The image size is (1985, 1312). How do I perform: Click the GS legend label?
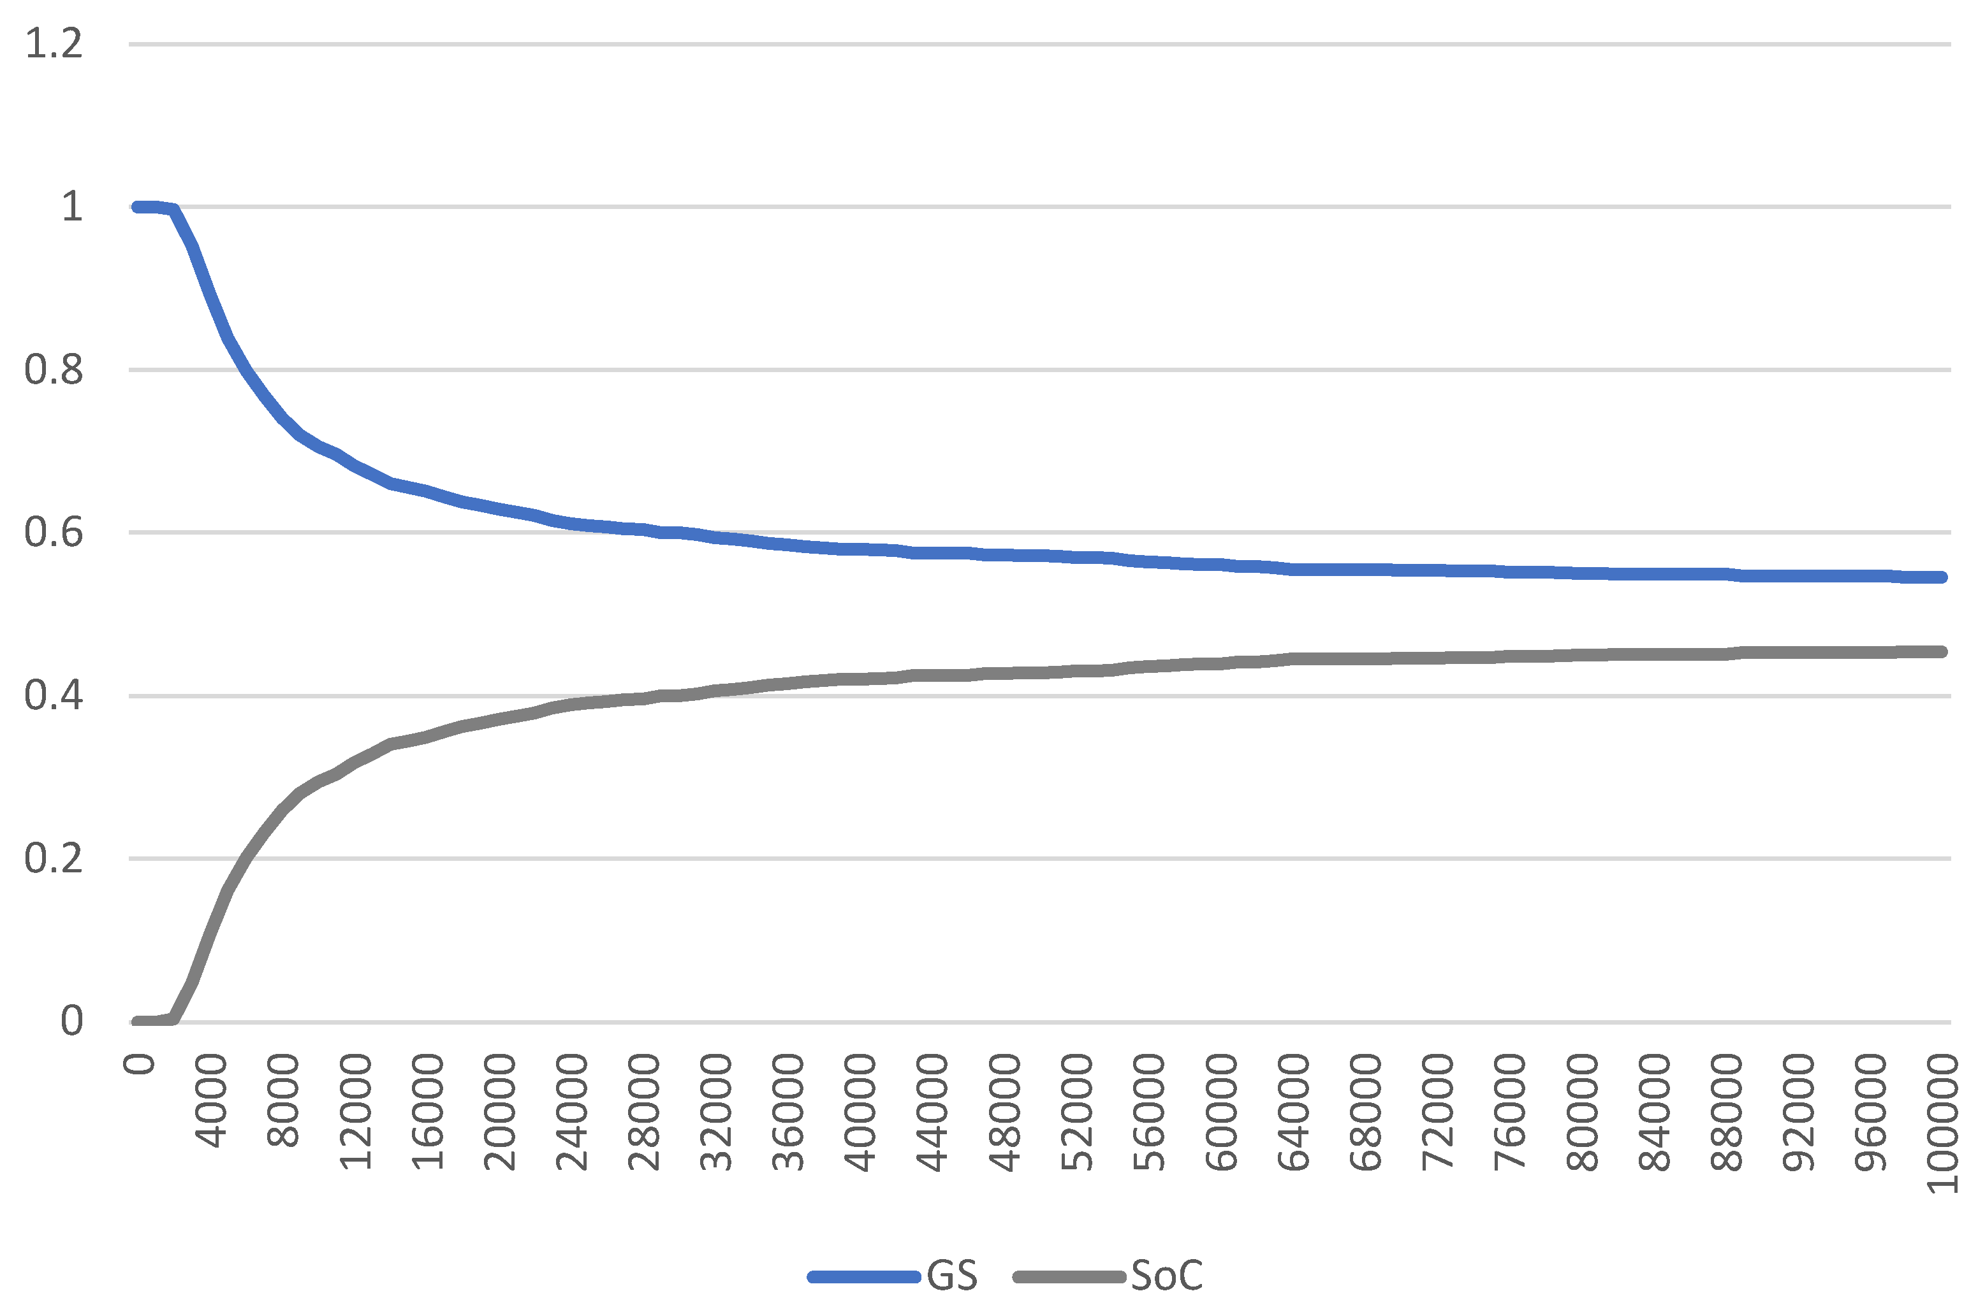tap(952, 1275)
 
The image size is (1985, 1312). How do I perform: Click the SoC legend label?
tap(1166, 1275)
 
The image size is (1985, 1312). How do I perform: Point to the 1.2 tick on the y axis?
tap(54, 43)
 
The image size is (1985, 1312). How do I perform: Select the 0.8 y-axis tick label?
tap(54, 370)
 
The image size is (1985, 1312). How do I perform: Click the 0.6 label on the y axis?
tap(54, 532)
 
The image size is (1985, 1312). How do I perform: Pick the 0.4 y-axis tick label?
tap(54, 695)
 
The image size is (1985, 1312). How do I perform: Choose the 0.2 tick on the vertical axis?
tap(54, 858)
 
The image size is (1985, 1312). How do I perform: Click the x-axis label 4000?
tap(212, 1101)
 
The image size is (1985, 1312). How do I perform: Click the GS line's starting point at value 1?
tap(137, 206)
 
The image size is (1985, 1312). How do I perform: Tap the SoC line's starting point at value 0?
tap(137, 1021)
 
